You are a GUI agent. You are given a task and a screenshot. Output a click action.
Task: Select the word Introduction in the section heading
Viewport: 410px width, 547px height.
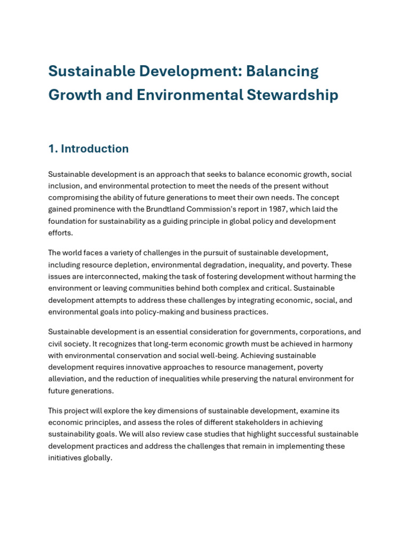94,149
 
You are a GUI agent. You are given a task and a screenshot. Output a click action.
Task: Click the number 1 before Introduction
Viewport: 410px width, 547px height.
52,149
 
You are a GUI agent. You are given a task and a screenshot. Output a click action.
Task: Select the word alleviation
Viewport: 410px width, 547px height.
67,379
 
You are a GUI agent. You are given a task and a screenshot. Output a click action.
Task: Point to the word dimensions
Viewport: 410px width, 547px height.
152,410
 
